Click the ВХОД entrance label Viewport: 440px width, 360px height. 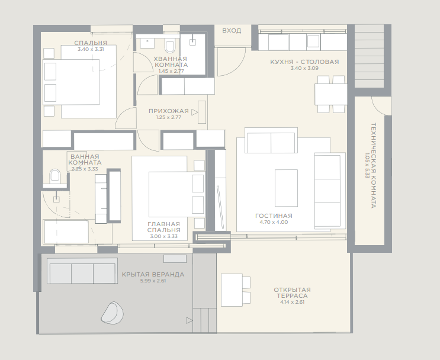point(232,30)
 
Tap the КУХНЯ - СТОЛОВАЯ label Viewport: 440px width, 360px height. point(304,62)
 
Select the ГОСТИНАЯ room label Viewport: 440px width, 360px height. point(274,216)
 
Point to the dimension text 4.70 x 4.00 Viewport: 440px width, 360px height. point(274,222)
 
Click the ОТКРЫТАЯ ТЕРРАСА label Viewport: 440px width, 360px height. point(292,292)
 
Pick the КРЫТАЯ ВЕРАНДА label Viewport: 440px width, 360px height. point(153,274)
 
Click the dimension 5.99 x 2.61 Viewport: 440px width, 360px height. point(153,281)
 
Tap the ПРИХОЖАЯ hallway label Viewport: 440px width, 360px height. point(169,111)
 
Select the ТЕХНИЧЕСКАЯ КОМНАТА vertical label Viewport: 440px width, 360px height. point(374,165)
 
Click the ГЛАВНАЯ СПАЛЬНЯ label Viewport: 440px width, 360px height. point(164,227)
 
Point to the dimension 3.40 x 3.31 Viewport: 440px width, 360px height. point(91,49)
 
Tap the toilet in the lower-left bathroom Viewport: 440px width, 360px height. point(54,176)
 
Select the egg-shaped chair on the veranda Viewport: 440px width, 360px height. point(113,313)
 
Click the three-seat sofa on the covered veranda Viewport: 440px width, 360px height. point(82,271)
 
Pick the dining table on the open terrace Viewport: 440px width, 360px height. point(232,290)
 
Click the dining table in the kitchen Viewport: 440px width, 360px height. point(331,94)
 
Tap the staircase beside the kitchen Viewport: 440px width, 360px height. point(369,56)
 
